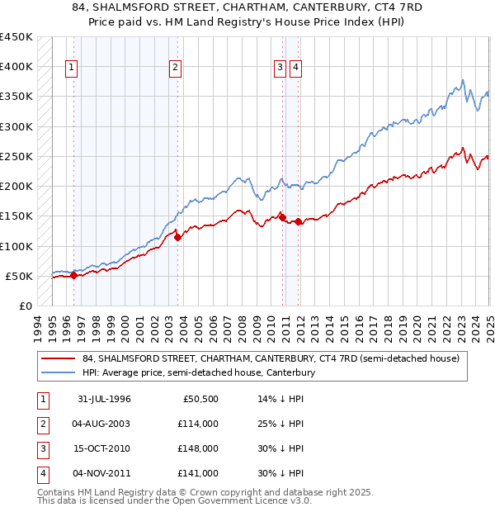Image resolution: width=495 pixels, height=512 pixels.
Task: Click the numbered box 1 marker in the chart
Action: pyautogui.click(x=72, y=69)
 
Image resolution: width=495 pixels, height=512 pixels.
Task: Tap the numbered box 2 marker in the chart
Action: pyautogui.click(x=176, y=69)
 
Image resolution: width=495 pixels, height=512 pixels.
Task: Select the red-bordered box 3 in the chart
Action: pyautogui.click(x=280, y=69)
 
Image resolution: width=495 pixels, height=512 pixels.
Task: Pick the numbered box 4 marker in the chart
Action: pyautogui.click(x=295, y=69)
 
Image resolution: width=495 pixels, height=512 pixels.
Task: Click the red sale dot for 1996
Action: pyautogui.click(x=73, y=276)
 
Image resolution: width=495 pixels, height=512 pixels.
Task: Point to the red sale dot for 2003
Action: pyautogui.click(x=177, y=238)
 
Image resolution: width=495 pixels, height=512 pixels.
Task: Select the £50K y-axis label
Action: pyautogui.click(x=19, y=276)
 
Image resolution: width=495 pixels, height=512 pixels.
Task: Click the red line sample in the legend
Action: pyautogui.click(x=59, y=358)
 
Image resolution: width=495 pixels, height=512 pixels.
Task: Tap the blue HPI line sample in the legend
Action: pyautogui.click(x=59, y=372)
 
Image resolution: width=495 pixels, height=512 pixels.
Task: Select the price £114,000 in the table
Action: pyautogui.click(x=199, y=424)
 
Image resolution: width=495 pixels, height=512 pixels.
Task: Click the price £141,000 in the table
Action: pyautogui.click(x=199, y=473)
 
